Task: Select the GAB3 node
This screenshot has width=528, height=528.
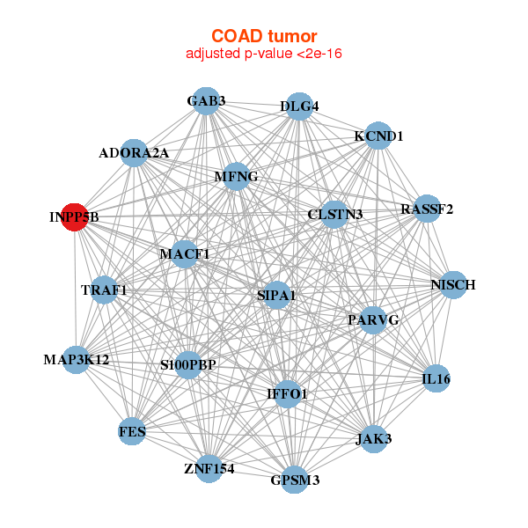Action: (x=205, y=100)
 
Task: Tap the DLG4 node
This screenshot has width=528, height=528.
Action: (x=298, y=106)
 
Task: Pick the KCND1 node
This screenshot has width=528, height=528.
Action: (x=378, y=136)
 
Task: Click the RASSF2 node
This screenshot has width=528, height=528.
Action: (x=427, y=209)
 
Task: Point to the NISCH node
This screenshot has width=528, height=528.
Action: (x=452, y=285)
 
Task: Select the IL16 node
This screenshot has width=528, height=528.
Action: (x=436, y=378)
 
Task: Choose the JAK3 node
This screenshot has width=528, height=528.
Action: (x=374, y=438)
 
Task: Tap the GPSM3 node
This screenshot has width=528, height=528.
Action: (x=294, y=480)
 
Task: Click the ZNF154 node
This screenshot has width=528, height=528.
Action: (x=209, y=468)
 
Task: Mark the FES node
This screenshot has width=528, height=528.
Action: (x=132, y=431)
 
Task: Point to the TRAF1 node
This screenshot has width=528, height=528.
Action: (x=104, y=290)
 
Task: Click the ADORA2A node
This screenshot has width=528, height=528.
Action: (x=134, y=152)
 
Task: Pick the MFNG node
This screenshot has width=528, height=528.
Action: (x=236, y=177)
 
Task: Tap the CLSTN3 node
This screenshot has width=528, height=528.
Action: (x=334, y=214)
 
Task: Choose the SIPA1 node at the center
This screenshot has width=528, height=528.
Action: (x=276, y=296)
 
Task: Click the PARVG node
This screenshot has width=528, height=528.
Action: (x=373, y=320)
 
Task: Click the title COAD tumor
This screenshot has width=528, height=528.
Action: (x=264, y=36)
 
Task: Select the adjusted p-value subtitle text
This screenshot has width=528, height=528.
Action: (x=264, y=54)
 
